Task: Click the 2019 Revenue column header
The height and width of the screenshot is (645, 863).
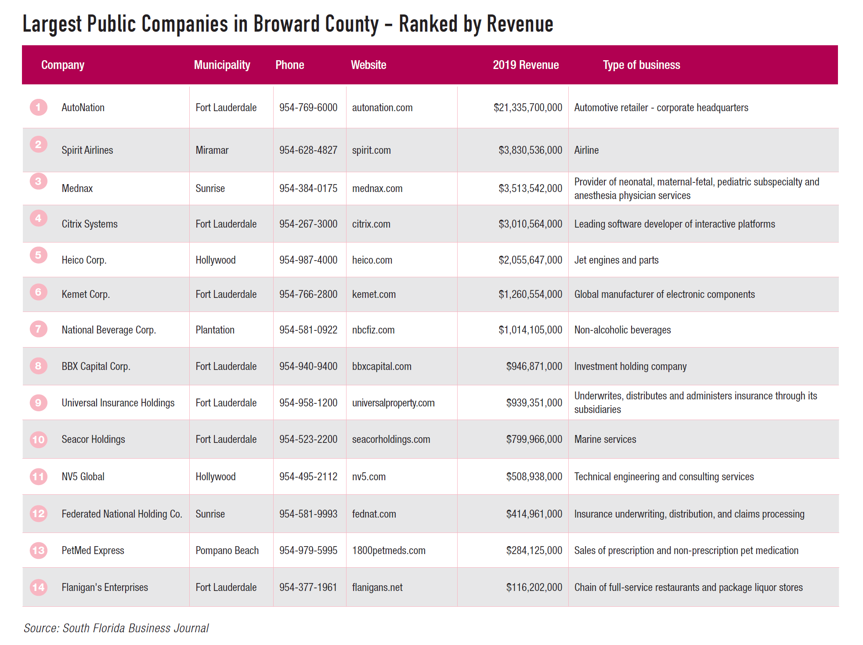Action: click(525, 65)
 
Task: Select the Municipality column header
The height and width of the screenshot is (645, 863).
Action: click(222, 65)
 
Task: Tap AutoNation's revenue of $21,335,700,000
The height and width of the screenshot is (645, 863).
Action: click(527, 108)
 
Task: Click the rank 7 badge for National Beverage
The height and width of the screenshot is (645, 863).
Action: click(39, 329)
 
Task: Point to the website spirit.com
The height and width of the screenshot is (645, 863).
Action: click(371, 150)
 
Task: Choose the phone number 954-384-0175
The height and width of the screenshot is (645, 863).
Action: click(308, 188)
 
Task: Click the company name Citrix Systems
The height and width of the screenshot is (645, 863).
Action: click(90, 224)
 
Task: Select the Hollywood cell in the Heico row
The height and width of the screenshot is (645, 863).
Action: click(216, 260)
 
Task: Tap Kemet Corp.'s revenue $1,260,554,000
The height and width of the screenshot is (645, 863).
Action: click(530, 294)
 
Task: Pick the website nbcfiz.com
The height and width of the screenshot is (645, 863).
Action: click(373, 330)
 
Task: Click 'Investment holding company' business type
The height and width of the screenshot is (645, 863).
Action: click(630, 366)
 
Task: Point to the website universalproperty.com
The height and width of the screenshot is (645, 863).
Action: click(393, 403)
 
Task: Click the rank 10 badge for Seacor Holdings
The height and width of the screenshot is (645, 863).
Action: click(39, 439)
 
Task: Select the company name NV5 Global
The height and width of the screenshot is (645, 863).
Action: click(83, 477)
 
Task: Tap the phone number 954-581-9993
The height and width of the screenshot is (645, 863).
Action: click(308, 514)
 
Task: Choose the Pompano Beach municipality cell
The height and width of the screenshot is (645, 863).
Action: click(227, 551)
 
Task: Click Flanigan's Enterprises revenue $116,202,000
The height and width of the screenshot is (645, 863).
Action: click(534, 587)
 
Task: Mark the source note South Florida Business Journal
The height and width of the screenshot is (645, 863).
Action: click(116, 628)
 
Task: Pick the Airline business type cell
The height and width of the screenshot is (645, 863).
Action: click(586, 150)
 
